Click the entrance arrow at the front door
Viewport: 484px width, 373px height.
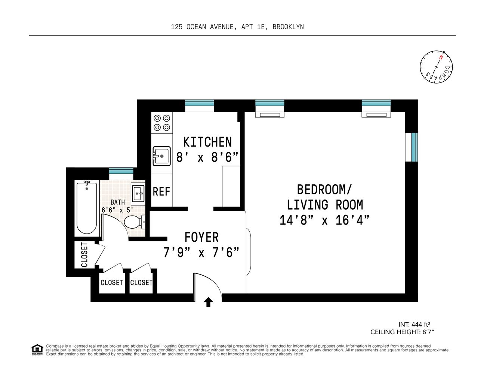pos(208,302)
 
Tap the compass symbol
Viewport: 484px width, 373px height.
pos(436,67)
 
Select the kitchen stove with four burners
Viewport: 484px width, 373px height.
pos(162,123)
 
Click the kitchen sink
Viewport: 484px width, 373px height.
pos(161,156)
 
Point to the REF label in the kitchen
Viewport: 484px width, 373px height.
pos(161,192)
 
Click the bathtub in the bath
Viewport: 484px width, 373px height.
pos(87,208)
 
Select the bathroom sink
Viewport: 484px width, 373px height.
pos(138,193)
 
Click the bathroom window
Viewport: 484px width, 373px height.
pos(121,171)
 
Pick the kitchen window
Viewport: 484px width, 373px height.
pos(200,103)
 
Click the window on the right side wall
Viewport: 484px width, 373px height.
pos(414,147)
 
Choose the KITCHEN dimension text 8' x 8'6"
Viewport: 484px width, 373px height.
pos(207,157)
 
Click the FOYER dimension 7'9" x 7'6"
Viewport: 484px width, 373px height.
pos(201,253)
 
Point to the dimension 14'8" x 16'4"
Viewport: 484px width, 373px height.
pos(324,220)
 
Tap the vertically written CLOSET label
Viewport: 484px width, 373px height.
pos(84,255)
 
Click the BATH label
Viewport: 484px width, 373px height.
pos(118,202)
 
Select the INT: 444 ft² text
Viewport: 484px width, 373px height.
pos(417,325)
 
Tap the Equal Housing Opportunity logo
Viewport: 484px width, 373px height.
pos(37,350)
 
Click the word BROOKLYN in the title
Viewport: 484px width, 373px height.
pos(288,27)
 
